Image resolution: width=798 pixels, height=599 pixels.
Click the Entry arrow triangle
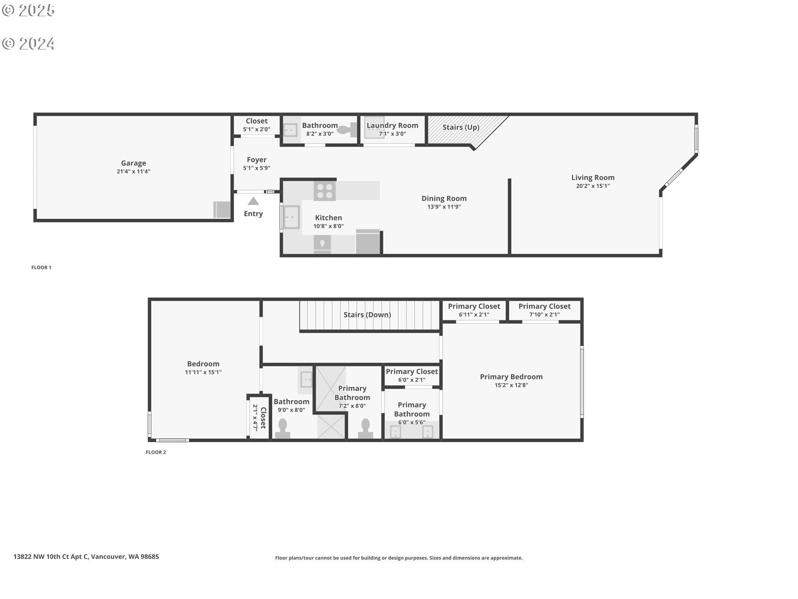click(253, 202)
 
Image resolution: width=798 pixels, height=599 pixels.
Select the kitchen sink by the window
click(291, 217)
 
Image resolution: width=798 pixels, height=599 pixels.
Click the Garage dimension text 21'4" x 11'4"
click(133, 171)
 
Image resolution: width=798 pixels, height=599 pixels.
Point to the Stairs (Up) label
click(461, 127)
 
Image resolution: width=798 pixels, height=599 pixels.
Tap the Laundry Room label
click(392, 125)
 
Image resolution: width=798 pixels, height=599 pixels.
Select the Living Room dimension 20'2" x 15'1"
click(593, 186)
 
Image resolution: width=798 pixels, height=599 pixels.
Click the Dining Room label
click(444, 198)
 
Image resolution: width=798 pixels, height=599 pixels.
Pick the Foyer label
click(256, 160)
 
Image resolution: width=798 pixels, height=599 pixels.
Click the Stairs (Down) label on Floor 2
click(367, 315)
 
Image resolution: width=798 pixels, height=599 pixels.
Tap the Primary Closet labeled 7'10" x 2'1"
click(544, 310)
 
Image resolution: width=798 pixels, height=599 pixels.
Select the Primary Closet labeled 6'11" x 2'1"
click(474, 310)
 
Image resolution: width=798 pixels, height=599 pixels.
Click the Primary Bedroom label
click(511, 377)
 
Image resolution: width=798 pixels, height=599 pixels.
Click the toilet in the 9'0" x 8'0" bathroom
click(283, 428)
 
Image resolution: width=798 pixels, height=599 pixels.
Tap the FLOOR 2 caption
click(156, 452)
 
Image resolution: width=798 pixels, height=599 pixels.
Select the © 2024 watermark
click(28, 44)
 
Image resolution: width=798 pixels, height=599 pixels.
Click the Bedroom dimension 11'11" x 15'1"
click(203, 372)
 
